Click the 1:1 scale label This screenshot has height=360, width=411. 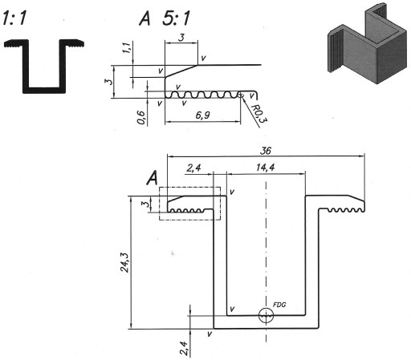14,18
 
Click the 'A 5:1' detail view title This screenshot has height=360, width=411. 165,18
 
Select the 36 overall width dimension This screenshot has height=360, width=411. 266,151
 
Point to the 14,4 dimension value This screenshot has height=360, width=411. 265,168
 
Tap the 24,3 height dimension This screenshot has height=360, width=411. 124,262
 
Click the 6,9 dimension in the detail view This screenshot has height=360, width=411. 202,115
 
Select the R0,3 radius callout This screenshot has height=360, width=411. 258,113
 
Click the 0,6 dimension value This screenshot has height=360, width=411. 141,118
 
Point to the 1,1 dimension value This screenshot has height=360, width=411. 127,47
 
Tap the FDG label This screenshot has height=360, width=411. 279,305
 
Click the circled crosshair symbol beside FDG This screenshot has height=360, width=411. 266,316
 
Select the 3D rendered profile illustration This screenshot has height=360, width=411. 368,43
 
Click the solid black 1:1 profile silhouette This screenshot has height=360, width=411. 44,67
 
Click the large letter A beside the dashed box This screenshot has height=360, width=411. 153,178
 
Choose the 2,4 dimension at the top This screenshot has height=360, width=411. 193,168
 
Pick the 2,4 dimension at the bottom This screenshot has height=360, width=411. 184,348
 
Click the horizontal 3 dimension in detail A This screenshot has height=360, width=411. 181,38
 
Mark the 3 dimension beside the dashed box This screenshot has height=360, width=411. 145,204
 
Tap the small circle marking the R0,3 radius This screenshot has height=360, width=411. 241,95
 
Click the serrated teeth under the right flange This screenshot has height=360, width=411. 346,210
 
